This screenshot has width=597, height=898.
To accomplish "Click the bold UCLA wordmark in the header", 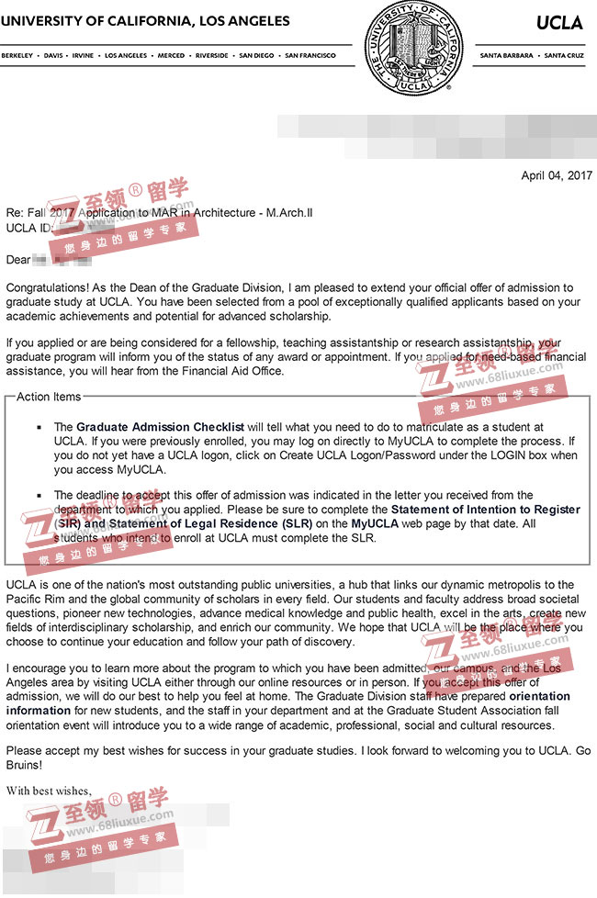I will click(x=559, y=22).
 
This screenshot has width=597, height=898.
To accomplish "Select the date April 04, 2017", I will click(x=557, y=175).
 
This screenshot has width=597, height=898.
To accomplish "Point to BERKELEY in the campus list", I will click(x=18, y=55).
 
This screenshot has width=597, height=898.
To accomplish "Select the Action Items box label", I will click(x=49, y=397).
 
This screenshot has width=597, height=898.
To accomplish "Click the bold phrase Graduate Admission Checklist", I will click(x=160, y=427).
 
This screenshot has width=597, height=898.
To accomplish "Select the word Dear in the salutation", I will click(x=18, y=260).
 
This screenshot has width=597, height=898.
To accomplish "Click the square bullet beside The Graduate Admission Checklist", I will click(x=39, y=428).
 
